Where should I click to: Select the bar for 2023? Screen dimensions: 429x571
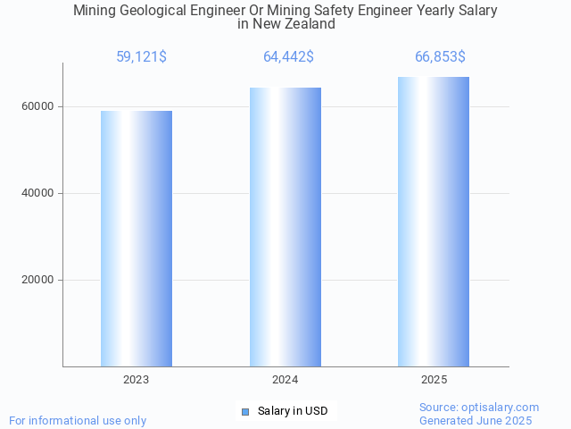coord(137,239)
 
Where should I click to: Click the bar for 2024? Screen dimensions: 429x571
coord(285,227)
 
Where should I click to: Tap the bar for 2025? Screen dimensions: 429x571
coord(434,222)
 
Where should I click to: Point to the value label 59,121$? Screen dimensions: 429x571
coord(141,57)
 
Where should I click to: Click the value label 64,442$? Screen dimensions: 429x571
coord(288,57)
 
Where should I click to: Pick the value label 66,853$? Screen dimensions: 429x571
coord(440,57)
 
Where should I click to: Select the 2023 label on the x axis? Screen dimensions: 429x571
coord(137,380)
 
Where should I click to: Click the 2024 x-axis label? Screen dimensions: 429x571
coord(285,380)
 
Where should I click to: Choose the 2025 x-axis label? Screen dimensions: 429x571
coord(434,380)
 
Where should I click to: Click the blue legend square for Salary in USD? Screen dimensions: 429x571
coord(244,411)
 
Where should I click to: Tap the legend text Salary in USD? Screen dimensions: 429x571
coord(293,411)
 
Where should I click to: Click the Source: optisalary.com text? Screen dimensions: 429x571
coord(479,408)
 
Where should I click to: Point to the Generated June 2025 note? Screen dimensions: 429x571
coord(476,420)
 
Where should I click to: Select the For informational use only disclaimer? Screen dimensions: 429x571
coord(78,420)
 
